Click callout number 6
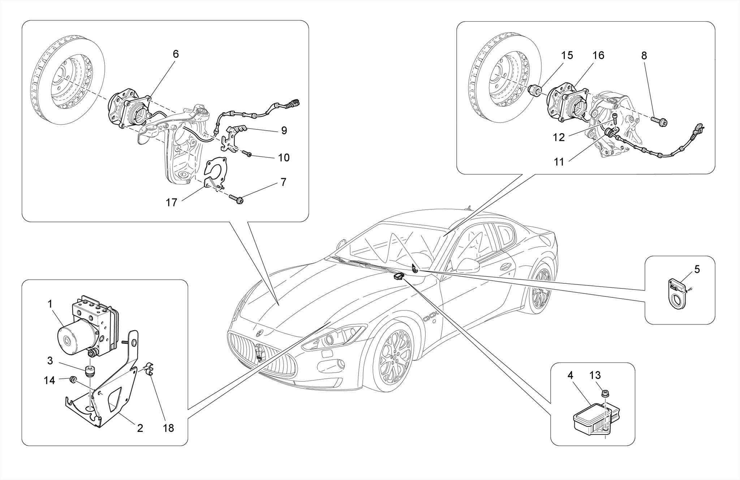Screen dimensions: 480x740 (x=176, y=54)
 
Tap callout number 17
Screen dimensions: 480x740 (x=171, y=202)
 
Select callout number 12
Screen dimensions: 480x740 (x=559, y=137)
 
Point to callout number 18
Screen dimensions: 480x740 (x=168, y=428)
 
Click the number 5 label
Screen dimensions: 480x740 (x=697, y=269)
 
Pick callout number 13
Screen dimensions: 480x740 (x=595, y=376)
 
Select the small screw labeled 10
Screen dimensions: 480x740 (x=247, y=154)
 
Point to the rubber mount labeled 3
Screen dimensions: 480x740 (x=89, y=371)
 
